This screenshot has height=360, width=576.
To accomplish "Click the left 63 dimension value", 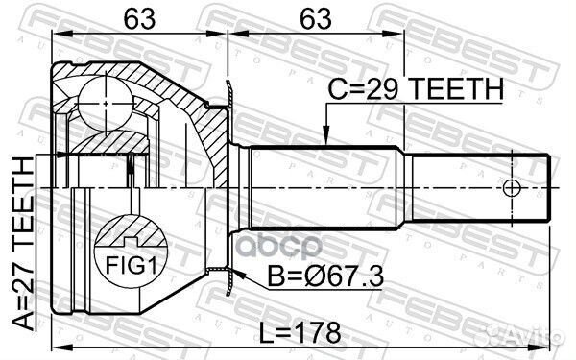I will tap(139, 16).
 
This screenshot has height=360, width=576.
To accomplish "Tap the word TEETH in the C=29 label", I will tap(457, 90).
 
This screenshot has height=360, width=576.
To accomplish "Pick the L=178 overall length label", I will tap(303, 332).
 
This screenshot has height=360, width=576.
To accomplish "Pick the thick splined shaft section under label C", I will tap(326, 186).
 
